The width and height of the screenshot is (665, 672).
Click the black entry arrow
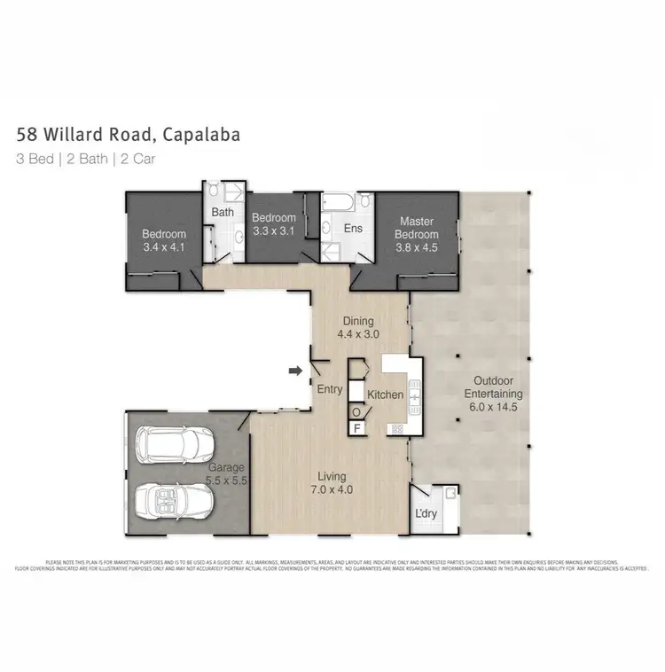(x=295, y=371)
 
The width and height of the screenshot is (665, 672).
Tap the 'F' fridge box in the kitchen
(x=357, y=428)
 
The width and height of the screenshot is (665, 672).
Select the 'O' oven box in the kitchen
(x=357, y=411)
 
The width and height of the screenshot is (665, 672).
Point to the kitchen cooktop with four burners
(x=396, y=429)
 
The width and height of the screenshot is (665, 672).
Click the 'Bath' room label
(x=223, y=213)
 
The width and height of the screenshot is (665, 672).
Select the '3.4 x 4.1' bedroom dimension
(x=164, y=248)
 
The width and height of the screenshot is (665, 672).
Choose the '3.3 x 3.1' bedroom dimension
(x=273, y=232)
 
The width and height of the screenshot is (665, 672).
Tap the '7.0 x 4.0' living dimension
(x=328, y=489)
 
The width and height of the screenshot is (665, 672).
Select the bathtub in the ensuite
(x=338, y=203)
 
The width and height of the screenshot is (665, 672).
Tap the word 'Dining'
(x=359, y=321)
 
